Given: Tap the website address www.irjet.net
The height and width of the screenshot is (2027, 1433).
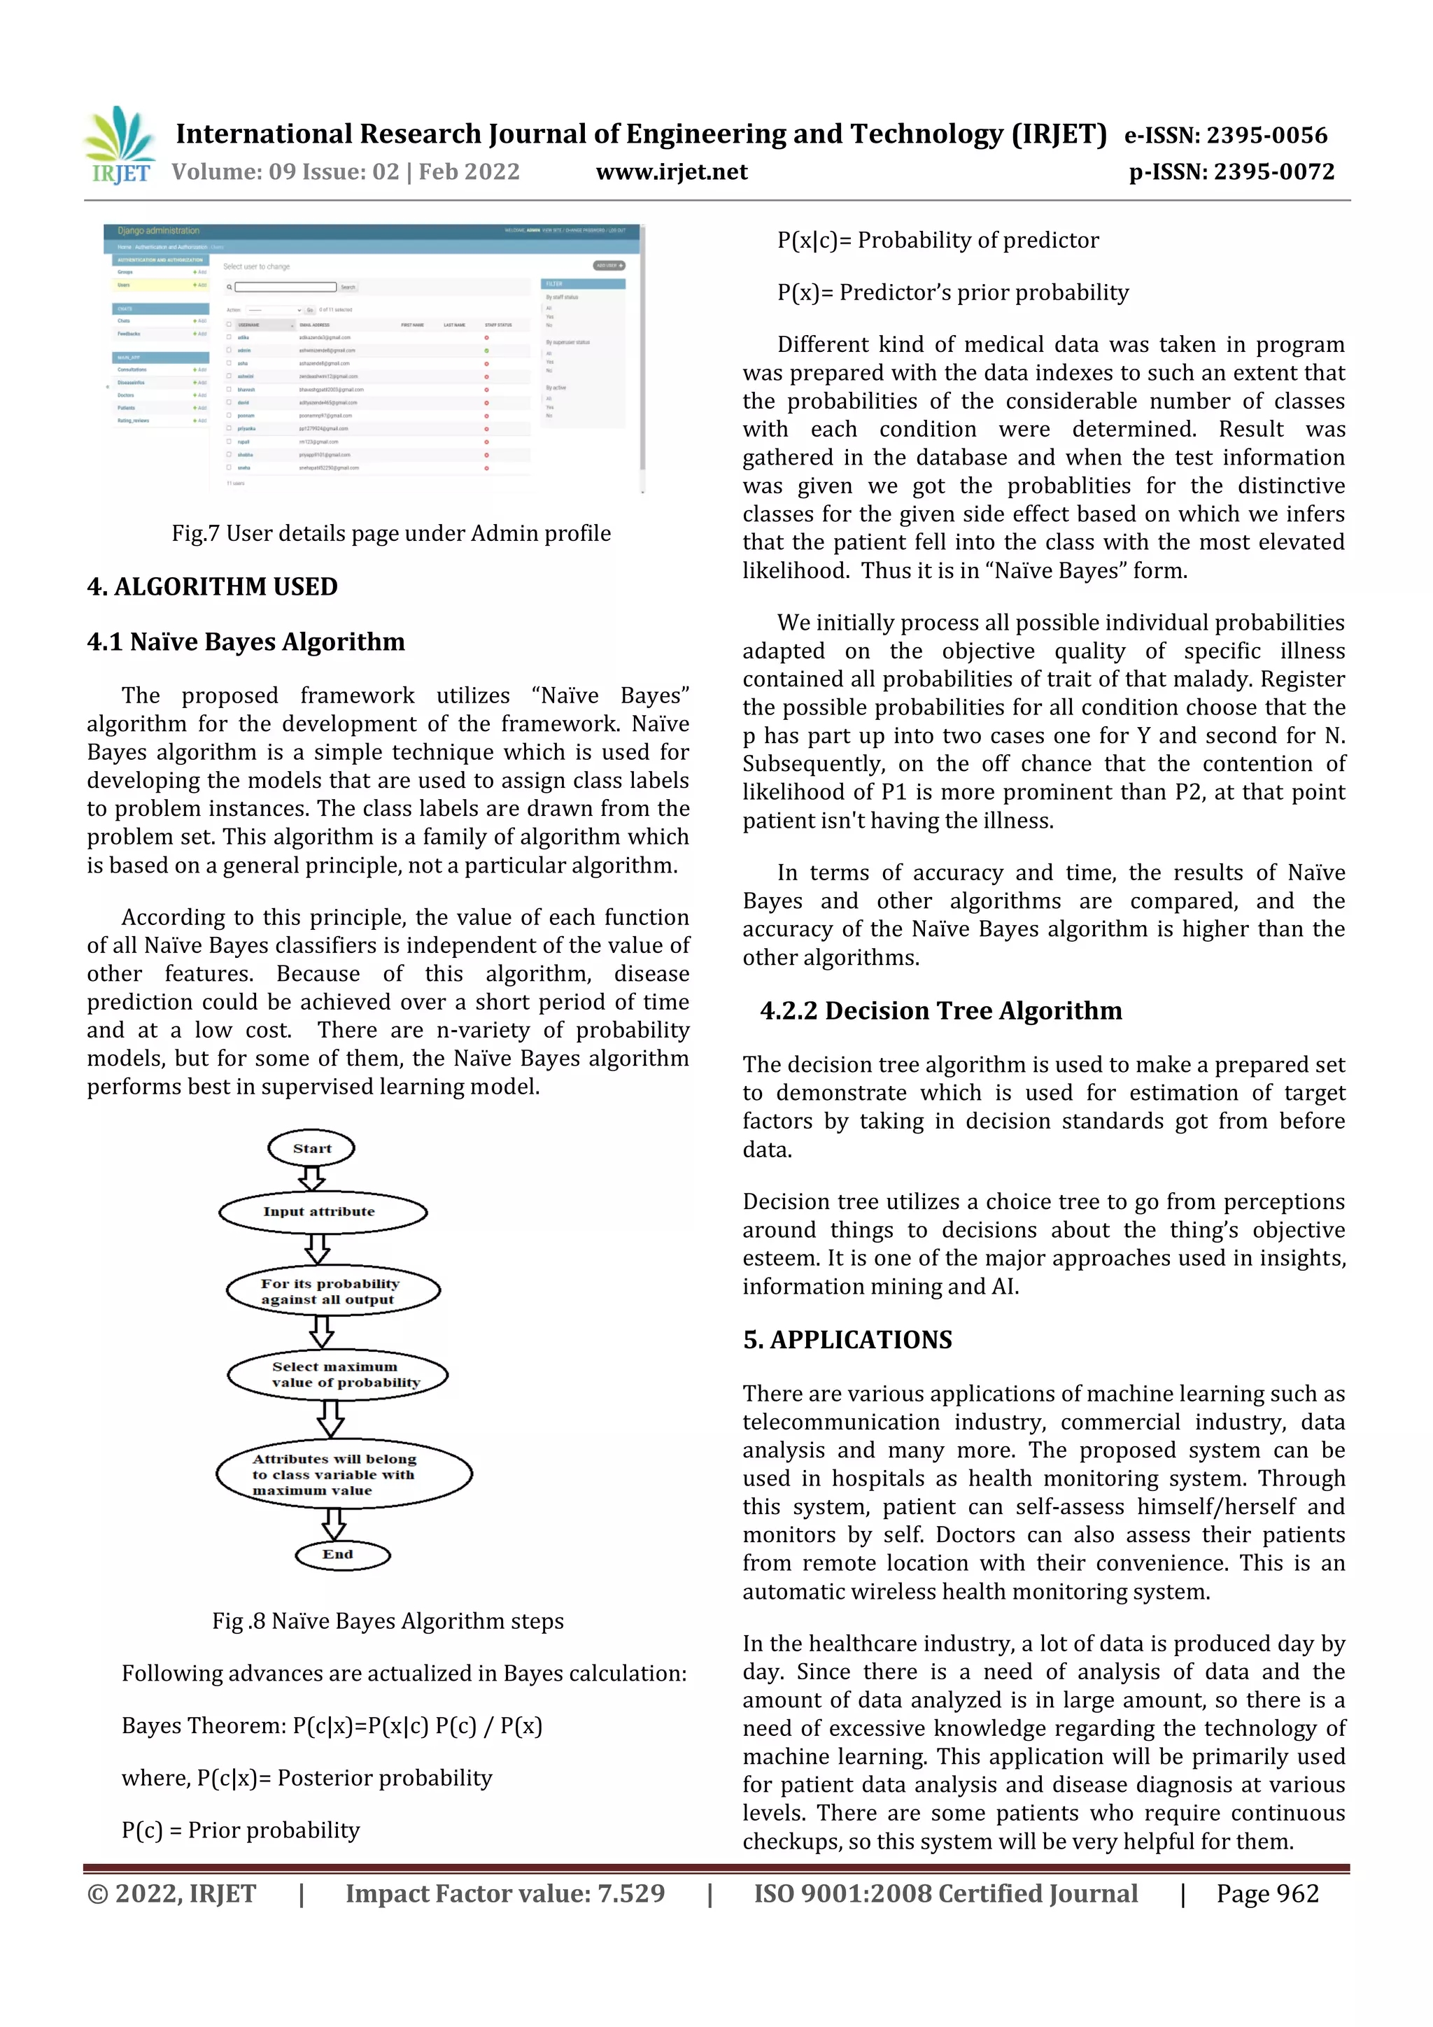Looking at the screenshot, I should (671, 171).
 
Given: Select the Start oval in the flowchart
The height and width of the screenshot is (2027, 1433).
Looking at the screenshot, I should (311, 1147).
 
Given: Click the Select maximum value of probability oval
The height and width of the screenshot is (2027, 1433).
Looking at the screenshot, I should (337, 1375).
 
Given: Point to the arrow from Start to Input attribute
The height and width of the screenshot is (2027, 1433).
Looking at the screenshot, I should (311, 1178).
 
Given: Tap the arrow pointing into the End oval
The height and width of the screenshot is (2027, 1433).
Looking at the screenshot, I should (333, 1524).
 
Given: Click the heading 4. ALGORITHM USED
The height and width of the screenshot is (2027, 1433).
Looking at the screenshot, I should (212, 586).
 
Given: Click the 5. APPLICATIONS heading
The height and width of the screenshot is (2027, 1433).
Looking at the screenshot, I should (847, 1339).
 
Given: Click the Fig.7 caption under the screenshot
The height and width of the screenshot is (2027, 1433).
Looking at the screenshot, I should (390, 533).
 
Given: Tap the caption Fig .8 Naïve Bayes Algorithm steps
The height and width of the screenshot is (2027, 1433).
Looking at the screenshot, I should (388, 1621).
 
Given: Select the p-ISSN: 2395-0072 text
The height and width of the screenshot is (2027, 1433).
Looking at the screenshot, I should (1231, 171).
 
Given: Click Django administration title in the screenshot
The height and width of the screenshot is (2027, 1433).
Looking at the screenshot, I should (159, 230).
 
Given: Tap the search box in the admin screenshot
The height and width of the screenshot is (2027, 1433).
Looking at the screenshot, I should (285, 287).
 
